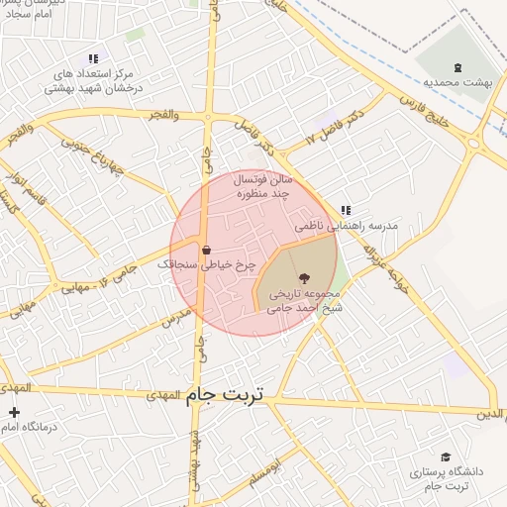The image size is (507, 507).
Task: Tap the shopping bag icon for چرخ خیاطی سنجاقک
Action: pos(206,251)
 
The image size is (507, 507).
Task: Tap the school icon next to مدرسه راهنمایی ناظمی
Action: pos(345,210)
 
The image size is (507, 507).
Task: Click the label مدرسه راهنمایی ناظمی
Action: pos(355,226)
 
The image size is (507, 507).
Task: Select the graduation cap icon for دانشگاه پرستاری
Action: pos(446,456)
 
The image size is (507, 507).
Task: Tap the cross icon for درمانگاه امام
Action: pos(14,412)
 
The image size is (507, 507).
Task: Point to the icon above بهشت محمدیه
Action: pos(456,67)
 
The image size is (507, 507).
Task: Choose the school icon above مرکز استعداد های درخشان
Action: pos(93,59)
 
